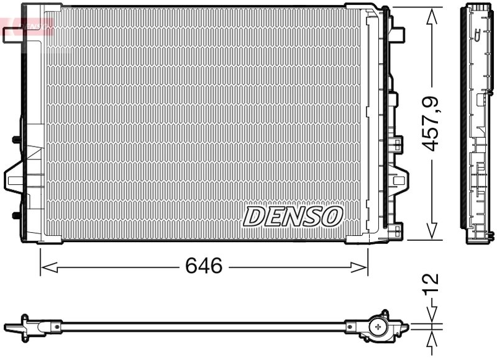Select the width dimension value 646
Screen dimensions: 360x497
tap(204, 266)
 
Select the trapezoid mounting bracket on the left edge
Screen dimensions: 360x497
tap(15, 179)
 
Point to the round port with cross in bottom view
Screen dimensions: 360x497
tap(378, 326)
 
